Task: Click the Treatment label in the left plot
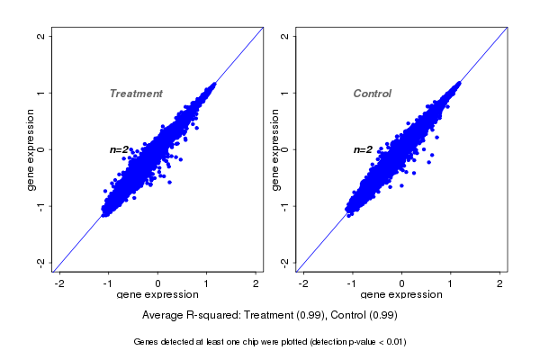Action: point(136,94)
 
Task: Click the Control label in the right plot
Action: point(373,94)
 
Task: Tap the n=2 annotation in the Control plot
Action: point(363,149)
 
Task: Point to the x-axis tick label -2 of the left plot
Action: point(60,283)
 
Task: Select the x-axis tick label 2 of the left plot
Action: point(256,283)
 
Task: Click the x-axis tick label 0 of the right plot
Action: point(402,283)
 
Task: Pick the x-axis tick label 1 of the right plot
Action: point(452,283)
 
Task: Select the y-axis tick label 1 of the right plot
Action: point(284,93)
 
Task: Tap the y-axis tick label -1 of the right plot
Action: point(284,206)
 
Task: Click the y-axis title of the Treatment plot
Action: point(31,149)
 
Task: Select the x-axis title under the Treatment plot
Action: point(158,294)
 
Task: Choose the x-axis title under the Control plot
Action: point(401,294)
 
